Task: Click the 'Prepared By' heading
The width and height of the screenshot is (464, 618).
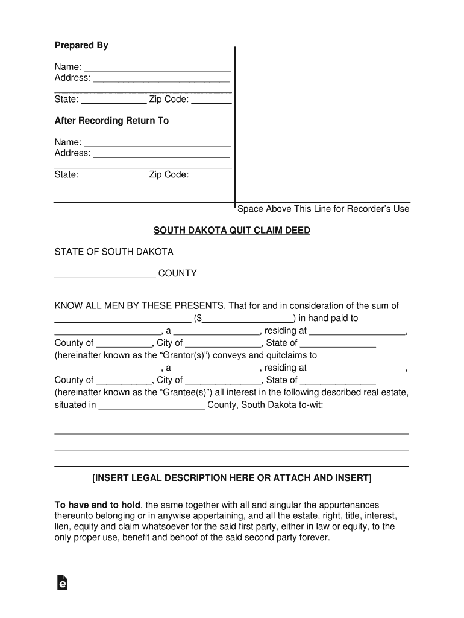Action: [81, 46]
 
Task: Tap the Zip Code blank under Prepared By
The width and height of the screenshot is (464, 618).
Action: [212, 101]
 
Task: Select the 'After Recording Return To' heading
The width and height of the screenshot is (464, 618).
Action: [111, 121]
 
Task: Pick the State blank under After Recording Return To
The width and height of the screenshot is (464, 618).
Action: [113, 176]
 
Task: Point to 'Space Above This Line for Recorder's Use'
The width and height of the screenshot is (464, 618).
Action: [323, 209]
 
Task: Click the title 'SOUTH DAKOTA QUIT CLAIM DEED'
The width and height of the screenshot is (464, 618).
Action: [231, 231]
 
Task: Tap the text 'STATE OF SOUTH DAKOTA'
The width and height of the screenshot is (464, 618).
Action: [114, 251]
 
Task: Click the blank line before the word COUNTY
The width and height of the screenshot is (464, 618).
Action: [105, 275]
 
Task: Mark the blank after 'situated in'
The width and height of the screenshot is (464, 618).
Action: [151, 406]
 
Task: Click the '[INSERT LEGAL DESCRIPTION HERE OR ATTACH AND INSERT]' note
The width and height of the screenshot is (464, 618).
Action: [231, 478]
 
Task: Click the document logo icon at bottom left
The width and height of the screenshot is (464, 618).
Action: [61, 582]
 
